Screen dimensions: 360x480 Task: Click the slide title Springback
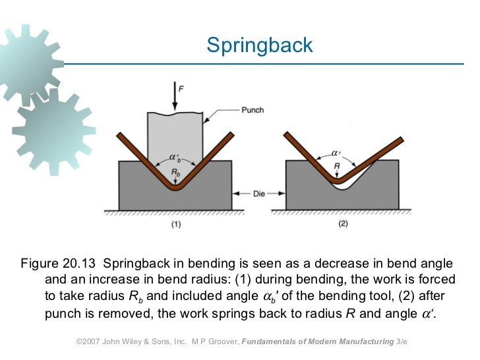pos(259,45)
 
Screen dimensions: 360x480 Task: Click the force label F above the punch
pos(181,87)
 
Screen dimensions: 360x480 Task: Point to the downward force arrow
pos(174,98)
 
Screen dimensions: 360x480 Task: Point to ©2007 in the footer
pos(89,343)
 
